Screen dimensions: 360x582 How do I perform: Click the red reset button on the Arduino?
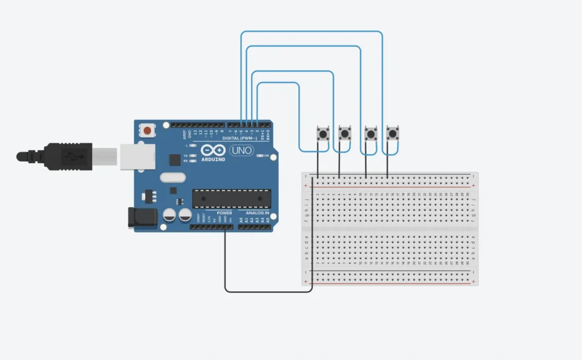pos(148,131)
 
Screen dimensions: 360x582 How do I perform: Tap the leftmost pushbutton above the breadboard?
pos(323,134)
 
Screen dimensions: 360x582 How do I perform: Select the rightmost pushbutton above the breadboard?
pos(392,134)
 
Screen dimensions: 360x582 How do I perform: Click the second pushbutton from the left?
pos(344,134)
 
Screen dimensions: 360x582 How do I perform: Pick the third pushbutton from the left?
pos(371,134)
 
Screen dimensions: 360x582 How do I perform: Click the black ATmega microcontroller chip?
pos(230,198)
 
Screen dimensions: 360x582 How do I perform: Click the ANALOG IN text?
pos(257,213)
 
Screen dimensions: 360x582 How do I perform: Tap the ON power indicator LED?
pos(260,155)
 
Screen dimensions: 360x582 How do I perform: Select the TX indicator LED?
pos(193,155)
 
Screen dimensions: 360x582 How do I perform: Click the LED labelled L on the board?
pos(193,146)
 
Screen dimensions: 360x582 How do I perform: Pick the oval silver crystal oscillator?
pos(173,177)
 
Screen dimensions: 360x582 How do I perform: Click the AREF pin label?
pos(184,134)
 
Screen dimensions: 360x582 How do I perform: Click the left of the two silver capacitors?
pos(169,215)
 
